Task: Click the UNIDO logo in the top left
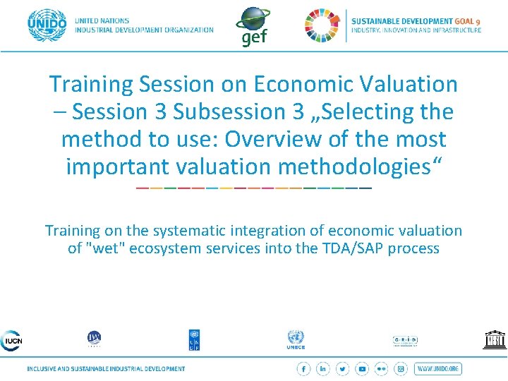pos(47,26)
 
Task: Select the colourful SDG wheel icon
pos(322,25)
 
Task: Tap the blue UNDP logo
pos(194,339)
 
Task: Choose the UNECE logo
pos(296,339)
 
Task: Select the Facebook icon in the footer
pos(303,369)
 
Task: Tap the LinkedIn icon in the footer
pos(323,369)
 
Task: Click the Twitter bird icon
pos(343,369)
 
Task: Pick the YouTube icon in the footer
pos(362,369)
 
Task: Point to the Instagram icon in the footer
pos(401,369)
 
